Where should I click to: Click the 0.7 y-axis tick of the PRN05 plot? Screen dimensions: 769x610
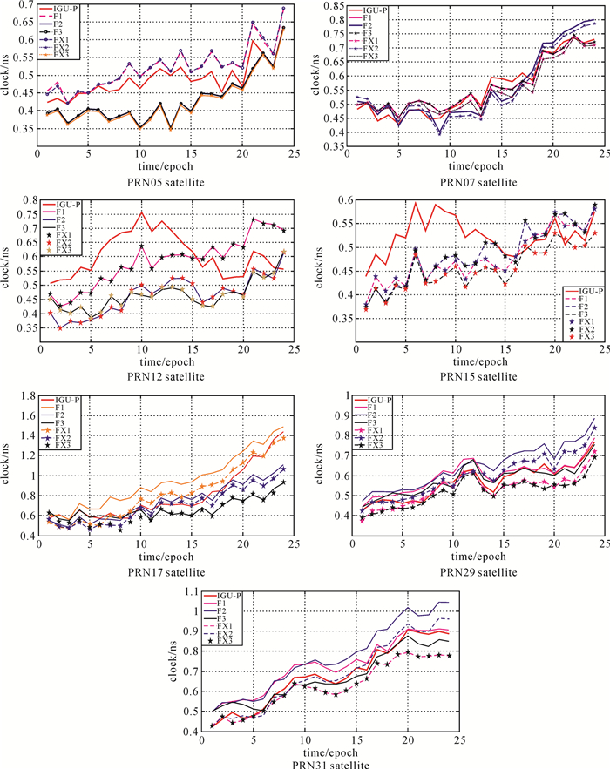pos(24,7)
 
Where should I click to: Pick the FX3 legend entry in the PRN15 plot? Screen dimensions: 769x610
pos(579,336)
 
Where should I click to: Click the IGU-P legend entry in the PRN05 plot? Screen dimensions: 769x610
pos(64,10)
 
